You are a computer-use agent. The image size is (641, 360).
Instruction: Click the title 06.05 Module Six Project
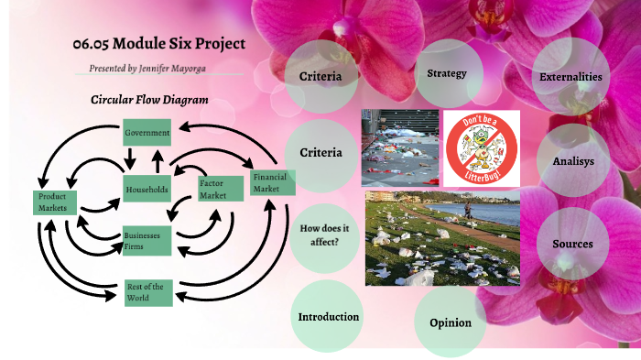pos(159,44)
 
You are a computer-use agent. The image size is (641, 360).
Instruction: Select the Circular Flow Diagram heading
pos(148,100)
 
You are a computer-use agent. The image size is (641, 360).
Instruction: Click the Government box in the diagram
pos(147,134)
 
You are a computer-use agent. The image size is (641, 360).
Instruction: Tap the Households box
pos(148,190)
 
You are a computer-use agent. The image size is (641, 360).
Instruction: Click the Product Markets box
pos(56,202)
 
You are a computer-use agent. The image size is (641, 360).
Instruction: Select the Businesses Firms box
pos(147,240)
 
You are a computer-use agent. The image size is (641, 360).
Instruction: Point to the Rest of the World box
pos(147,292)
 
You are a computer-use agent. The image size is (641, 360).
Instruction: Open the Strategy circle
pos(447,74)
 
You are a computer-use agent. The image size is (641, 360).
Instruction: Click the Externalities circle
pos(570,78)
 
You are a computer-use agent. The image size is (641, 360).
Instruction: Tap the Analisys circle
pos(573,161)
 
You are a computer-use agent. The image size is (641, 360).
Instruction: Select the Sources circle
pos(573,245)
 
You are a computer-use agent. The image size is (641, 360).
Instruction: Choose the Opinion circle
pos(450,322)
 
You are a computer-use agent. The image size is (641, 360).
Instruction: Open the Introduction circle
pos(328,317)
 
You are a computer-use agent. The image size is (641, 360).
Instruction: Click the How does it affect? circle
pos(320,235)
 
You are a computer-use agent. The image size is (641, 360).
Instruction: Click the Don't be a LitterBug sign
pos(481,147)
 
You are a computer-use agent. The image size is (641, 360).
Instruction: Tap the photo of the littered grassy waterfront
pos(442,237)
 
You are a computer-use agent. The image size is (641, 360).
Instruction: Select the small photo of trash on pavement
pos(398,147)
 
